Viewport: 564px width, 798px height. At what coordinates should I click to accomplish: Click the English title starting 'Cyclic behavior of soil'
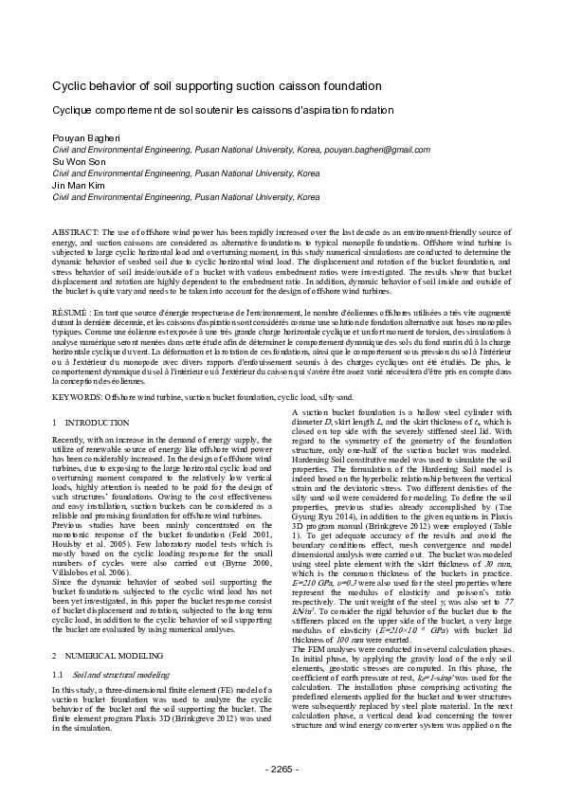coord(216,85)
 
